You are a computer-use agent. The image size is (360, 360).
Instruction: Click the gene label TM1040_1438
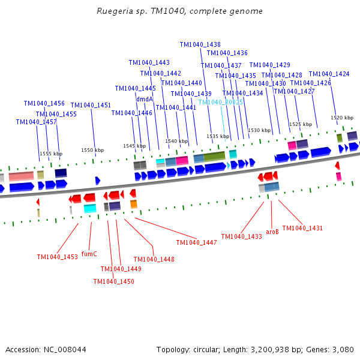pos(200,44)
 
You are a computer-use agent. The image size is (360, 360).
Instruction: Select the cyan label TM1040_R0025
pos(220,102)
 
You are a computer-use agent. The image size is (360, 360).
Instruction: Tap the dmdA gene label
pos(145,99)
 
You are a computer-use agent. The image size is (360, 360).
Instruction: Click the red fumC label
pos(89,254)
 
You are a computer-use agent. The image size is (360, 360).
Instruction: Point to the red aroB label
pos(272,230)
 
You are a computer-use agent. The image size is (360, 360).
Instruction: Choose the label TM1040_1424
pos(329,74)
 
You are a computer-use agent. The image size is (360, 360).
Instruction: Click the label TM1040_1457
pos(36,122)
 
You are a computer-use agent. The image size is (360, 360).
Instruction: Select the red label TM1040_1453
pos(57,257)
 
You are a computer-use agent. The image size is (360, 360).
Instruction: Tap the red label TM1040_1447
pos(196,242)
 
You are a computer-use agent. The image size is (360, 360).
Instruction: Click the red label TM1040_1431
pos(302,228)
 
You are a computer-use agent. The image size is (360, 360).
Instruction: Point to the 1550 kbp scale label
pos(92,150)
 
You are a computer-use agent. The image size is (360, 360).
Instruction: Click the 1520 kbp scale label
pos(341,118)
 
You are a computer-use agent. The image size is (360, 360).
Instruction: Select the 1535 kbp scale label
pos(218,136)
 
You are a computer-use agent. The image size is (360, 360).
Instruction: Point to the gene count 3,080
pos(342,349)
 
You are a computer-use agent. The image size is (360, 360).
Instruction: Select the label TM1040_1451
pos(91,105)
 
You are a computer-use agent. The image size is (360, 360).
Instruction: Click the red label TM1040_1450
pos(113,281)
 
